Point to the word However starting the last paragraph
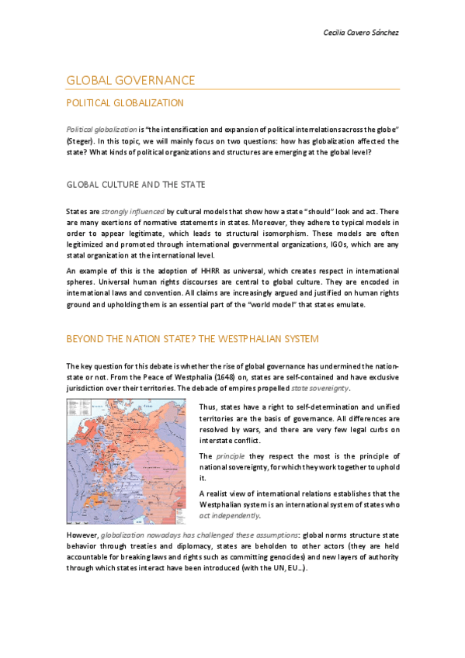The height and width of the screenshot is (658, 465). pyautogui.click(x=82, y=535)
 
